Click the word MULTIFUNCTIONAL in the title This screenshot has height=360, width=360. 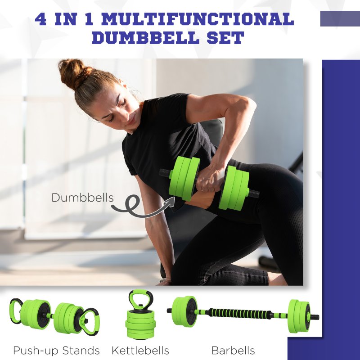click(202, 20)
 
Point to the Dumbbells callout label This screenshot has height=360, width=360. click(82, 198)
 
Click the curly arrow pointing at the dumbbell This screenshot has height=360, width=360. click(135, 207)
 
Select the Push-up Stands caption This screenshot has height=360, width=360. click(56, 350)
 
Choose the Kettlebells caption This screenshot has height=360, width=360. click(140, 350)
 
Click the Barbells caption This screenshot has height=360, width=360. click(233, 350)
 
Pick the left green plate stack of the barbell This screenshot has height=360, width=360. click(184, 311)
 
